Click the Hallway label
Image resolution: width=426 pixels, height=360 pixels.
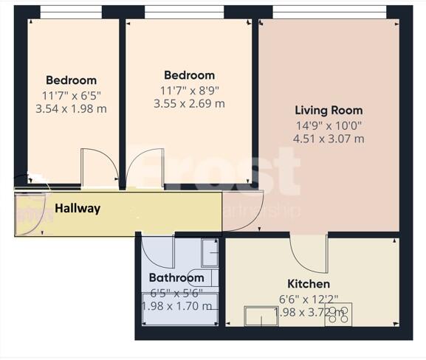pos(78,209)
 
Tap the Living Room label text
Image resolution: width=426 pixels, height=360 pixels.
pos(328,111)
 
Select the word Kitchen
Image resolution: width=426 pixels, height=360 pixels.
pos(309,284)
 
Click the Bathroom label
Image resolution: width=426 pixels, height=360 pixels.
pos(176,278)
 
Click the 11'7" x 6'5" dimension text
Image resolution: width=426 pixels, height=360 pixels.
pos(71,94)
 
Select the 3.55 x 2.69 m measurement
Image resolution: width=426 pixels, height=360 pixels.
pos(189,103)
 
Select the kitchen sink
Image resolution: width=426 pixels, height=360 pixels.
pos(258,316)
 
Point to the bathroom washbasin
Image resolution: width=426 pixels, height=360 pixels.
pos(210,253)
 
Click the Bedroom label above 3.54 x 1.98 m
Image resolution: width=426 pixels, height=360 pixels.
pos(71,80)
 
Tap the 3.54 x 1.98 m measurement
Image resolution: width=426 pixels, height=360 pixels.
pos(71,108)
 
